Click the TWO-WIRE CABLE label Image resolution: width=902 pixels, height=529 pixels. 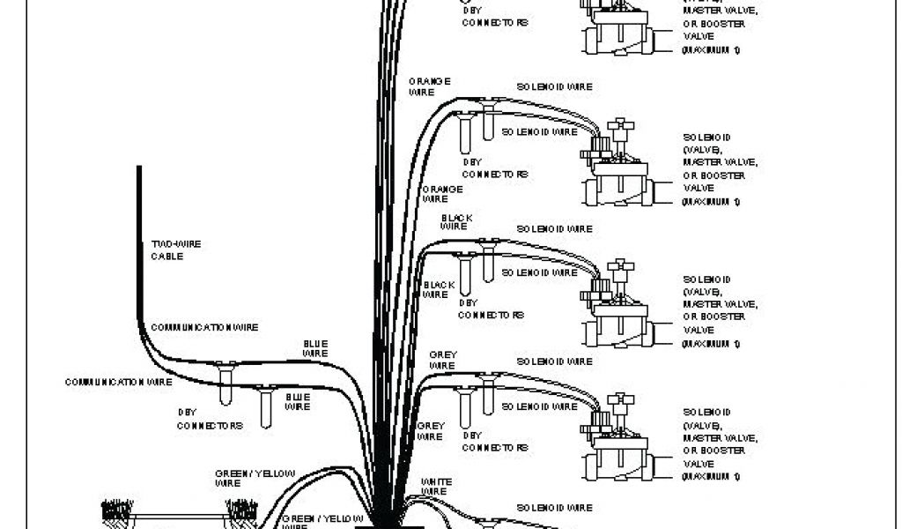166,250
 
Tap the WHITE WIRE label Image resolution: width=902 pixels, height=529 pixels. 437,486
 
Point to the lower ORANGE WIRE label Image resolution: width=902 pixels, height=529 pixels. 442,194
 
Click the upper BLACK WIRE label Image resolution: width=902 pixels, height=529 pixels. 456,222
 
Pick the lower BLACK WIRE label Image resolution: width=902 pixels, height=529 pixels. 438,289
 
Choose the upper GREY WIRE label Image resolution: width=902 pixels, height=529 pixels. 442,360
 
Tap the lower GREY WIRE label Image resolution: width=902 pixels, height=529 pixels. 430,430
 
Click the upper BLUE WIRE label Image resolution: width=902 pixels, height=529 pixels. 315,348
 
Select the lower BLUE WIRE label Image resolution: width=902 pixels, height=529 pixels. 298,401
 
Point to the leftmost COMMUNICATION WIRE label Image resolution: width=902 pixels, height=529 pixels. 118,383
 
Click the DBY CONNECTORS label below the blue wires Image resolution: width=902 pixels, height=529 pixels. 210,419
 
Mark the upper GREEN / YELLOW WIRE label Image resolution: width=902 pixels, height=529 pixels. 255,478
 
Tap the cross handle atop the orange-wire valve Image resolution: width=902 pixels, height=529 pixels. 624,125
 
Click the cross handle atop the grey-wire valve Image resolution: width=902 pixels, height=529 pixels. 624,401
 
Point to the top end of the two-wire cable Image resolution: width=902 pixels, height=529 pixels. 138,168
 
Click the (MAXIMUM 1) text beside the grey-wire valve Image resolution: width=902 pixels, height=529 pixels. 710,477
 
